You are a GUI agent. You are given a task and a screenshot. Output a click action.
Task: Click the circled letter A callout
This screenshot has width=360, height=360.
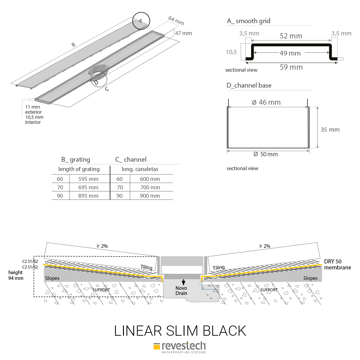[141, 21]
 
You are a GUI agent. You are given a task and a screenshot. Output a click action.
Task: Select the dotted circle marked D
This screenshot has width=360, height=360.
[99, 79]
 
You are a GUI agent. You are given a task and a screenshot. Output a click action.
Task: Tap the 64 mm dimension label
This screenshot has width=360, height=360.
[176, 21]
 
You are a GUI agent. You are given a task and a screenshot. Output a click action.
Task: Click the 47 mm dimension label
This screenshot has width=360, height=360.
[183, 33]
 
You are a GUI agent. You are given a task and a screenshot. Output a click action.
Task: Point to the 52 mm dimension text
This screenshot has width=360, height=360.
[291, 36]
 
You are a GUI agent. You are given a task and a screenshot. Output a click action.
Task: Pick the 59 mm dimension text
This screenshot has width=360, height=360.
[291, 67]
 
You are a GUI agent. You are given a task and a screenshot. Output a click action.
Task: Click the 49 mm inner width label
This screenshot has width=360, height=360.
[290, 53]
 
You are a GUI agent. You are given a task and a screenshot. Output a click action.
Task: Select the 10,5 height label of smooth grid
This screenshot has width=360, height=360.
[231, 52]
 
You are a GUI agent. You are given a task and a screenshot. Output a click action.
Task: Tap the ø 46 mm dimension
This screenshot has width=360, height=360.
[266, 102]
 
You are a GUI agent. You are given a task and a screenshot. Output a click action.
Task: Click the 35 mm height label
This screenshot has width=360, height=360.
[330, 130]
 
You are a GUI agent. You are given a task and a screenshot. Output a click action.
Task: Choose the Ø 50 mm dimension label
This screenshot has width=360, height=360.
[265, 154]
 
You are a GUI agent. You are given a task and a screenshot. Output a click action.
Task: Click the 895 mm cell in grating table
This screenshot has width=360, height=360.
[88, 196]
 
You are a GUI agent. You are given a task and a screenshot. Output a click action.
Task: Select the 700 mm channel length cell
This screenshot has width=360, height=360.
[150, 187]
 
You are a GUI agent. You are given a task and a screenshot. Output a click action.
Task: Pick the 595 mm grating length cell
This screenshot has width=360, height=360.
[88, 179]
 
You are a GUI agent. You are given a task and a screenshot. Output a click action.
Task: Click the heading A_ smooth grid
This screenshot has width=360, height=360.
[249, 21]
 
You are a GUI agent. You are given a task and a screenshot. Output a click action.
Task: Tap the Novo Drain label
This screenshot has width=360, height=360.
[181, 290]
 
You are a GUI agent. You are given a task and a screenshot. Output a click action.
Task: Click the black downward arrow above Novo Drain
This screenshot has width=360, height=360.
[183, 283]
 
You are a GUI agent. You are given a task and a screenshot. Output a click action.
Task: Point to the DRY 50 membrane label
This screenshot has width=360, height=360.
[337, 264]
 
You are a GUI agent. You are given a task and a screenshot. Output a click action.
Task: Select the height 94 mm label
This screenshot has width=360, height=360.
[16, 275]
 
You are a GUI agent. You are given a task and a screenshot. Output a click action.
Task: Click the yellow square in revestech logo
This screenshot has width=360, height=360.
[157, 346]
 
